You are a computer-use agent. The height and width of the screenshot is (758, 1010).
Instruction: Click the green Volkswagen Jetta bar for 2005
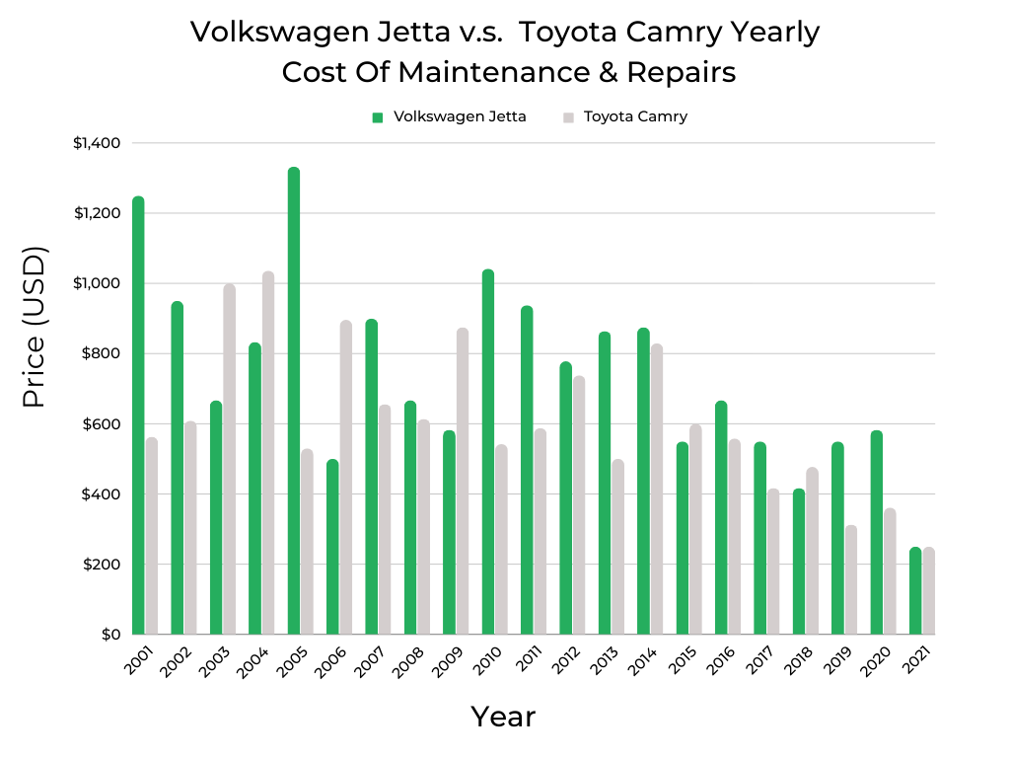click(294, 401)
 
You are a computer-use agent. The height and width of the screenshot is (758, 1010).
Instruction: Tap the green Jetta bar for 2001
click(138, 415)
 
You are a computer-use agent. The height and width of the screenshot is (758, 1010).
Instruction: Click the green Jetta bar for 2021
click(915, 590)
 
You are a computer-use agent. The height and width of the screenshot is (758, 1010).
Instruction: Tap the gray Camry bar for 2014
click(656, 489)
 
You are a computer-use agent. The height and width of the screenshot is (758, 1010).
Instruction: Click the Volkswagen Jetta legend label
click(460, 116)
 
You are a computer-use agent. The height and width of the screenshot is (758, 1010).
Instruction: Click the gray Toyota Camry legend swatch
click(568, 117)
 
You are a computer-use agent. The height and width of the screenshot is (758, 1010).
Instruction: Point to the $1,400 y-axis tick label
click(97, 143)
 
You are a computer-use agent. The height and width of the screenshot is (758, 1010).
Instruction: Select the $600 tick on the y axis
click(101, 424)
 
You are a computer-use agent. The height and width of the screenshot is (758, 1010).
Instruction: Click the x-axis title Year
click(503, 717)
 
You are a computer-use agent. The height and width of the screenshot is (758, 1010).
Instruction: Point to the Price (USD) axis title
click(35, 327)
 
